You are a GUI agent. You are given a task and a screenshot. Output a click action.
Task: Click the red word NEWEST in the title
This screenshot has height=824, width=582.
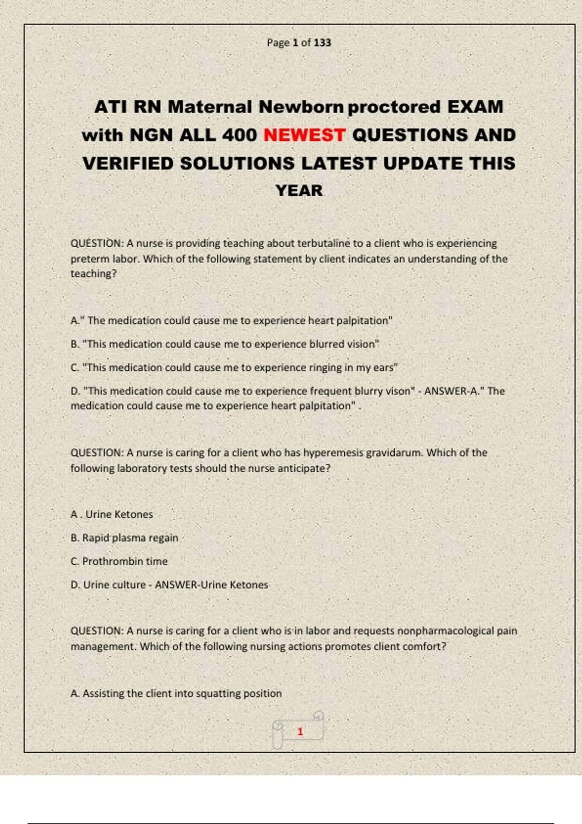point(304,135)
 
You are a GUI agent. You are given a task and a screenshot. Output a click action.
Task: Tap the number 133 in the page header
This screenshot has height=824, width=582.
point(322,43)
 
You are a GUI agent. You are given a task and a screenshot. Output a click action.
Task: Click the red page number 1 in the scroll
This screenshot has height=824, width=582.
point(300,731)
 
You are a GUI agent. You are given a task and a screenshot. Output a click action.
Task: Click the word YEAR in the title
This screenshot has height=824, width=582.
point(299,190)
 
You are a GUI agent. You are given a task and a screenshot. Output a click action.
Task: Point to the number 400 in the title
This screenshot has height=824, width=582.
point(239,135)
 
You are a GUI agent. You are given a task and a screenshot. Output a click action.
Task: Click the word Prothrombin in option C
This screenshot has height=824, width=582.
point(113,561)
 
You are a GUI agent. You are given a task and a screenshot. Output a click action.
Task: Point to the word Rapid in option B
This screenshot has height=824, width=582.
point(96,538)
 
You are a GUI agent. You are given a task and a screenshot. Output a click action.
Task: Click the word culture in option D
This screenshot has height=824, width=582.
point(129,585)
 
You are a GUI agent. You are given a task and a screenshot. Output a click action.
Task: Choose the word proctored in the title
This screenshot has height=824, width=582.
point(394,107)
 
